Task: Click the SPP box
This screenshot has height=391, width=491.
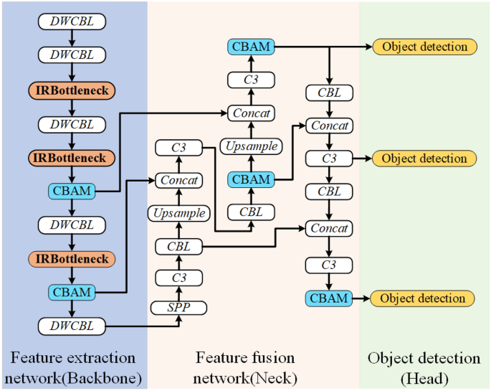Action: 178,308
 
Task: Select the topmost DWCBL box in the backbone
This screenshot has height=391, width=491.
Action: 72,22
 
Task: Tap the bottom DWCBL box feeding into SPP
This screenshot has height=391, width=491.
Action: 72,326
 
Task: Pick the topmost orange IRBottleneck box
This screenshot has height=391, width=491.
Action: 72,90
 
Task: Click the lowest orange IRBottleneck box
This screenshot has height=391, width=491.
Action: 72,258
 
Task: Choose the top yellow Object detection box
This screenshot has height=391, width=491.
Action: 424,47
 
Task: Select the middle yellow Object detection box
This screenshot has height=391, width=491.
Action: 424,158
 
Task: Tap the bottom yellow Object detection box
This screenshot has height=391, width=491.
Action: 423,298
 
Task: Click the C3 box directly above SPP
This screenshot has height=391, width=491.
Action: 178,278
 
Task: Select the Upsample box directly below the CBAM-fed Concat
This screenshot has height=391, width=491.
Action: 178,213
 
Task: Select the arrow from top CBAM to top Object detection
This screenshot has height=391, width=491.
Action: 323,47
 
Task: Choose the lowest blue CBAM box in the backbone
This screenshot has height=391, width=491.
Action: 72,292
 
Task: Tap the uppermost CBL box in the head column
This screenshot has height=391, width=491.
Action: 329,93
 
